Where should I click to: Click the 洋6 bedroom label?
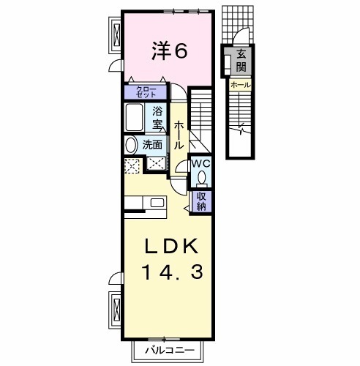tap(170, 51)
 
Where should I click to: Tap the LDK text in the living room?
tap(171, 246)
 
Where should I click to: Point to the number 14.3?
tap(172, 272)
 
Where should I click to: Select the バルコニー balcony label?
tap(170, 351)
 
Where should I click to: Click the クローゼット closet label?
tap(146, 91)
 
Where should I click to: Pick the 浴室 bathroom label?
tap(157, 118)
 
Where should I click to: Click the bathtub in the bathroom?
tap(134, 117)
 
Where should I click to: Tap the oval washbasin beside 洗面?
tap(132, 146)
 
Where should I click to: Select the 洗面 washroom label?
tap(152, 145)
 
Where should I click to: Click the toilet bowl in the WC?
tap(201, 178)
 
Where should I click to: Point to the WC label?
tap(201, 164)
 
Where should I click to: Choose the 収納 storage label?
tap(201, 201)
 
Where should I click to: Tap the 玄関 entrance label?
tap(241, 61)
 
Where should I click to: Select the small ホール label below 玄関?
tap(241, 85)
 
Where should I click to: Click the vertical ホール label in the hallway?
tap(179, 135)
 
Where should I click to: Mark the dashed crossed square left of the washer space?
tap(132, 166)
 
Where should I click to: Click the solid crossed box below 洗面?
tap(157, 163)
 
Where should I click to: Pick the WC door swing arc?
tap(181, 166)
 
